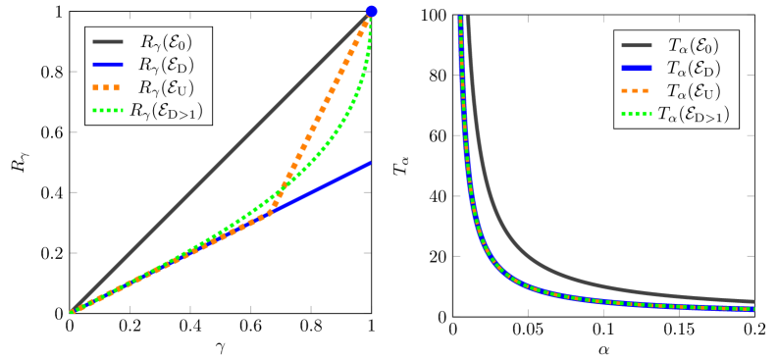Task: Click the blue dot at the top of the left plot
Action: [371, 12]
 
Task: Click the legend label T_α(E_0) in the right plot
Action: [694, 45]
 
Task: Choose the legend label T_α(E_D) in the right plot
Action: [694, 69]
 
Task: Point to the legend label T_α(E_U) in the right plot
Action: [694, 92]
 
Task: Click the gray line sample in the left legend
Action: [109, 42]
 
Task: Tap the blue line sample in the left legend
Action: [109, 65]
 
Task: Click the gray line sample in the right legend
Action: [638, 45]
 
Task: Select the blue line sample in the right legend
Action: [638, 69]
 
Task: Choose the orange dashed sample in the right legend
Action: [638, 92]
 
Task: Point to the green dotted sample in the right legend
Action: [638, 115]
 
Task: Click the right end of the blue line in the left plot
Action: [370, 164]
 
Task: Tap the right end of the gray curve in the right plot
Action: [753, 302]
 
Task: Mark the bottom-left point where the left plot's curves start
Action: [71, 312]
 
